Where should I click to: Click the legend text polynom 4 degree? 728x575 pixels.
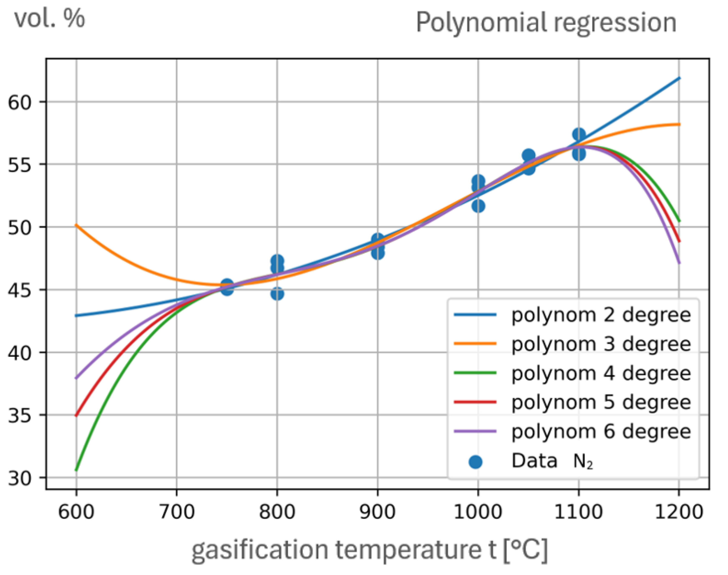click(601, 373)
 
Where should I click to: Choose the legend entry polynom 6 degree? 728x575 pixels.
click(601, 431)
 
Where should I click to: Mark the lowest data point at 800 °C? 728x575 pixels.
click(277, 294)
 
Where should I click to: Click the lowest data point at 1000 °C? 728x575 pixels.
click(478, 206)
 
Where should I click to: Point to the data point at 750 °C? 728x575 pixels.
click(227, 287)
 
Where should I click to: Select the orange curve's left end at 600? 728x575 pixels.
click(77, 225)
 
